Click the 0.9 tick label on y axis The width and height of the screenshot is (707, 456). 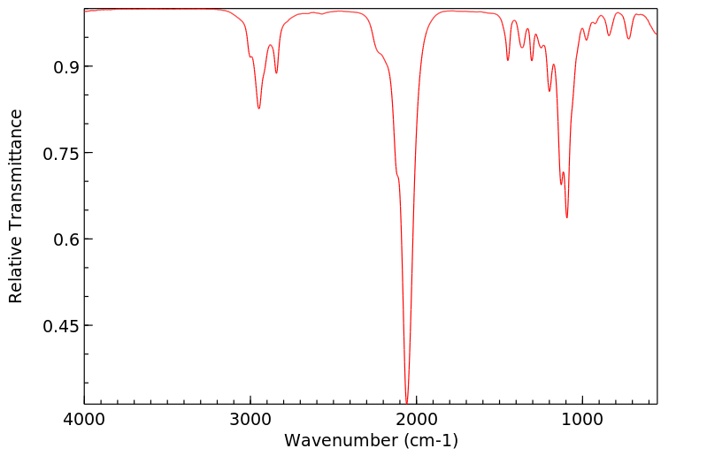[64, 67]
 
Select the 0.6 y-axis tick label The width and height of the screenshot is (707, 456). [64, 239]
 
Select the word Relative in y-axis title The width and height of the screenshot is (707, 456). [16, 272]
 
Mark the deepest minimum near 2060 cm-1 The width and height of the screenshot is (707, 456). [406, 402]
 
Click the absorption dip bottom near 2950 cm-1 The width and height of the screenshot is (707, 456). [258, 109]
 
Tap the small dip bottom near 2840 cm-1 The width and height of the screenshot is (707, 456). [276, 72]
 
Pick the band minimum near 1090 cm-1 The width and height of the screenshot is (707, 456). [567, 217]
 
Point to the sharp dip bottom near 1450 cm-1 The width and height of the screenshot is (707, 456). [508, 60]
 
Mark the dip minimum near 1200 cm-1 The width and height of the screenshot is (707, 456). [549, 91]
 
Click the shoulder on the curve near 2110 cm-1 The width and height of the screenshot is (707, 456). [398, 177]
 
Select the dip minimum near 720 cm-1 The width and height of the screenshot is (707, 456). [629, 39]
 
